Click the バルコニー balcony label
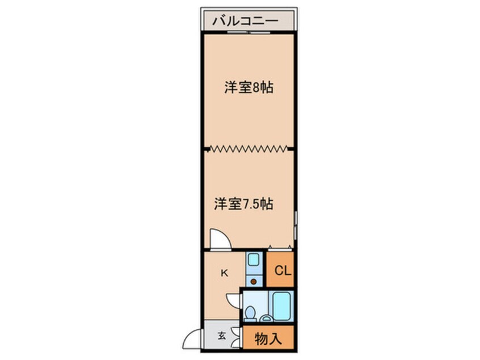(245, 22)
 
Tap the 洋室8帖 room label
(249, 88)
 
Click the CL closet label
(283, 271)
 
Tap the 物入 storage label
(268, 339)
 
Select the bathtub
(282, 307)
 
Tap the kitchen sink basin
(253, 261)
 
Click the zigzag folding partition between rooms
(249, 149)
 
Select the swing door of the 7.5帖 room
(218, 239)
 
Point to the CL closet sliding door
(280, 248)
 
